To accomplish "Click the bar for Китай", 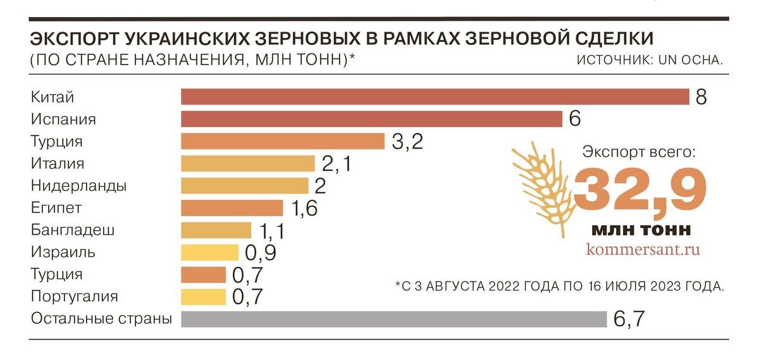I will [435, 97].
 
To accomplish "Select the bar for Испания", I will [371, 119].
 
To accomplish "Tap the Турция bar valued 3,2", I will [283, 141].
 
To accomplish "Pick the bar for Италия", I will [247, 163].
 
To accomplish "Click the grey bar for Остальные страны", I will [393, 319].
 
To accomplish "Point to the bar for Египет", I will [231, 208].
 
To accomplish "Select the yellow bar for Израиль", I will [209, 252].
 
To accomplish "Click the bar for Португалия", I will [203, 297].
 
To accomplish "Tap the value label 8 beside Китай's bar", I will [700, 97].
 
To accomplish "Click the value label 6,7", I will [629, 319].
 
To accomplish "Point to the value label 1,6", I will [304, 208].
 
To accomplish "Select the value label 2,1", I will [336, 164].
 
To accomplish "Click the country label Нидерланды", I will [78, 186].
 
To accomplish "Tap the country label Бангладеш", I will [73, 230].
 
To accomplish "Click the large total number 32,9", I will [640, 190].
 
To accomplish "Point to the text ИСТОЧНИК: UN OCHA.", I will [650, 60].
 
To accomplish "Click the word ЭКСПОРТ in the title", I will [73, 39].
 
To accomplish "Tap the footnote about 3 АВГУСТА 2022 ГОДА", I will [559, 286].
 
